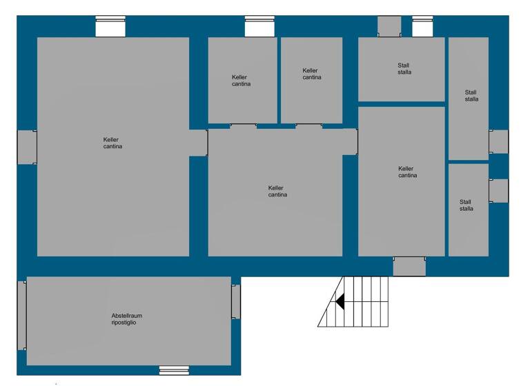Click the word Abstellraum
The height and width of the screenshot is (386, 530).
[x=127, y=316]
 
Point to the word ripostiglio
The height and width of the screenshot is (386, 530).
[x=125, y=323]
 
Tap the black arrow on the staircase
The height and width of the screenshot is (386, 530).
[x=340, y=301]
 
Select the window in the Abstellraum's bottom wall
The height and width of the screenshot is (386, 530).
[x=174, y=370]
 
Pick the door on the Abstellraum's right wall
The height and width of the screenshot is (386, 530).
[x=236, y=301]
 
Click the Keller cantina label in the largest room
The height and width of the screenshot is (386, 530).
[x=112, y=143]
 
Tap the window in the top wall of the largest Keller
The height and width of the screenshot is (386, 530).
[x=110, y=27]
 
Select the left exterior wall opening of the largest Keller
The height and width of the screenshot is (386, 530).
[x=27, y=147]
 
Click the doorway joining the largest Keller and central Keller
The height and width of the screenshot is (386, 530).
[x=198, y=143]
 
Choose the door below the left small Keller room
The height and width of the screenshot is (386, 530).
[x=243, y=126]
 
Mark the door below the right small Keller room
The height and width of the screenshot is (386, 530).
[x=309, y=126]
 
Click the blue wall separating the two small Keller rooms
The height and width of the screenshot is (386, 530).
[x=279, y=80]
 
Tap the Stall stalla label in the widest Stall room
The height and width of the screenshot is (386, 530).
[x=404, y=68]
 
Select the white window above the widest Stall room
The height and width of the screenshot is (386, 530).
[x=422, y=27]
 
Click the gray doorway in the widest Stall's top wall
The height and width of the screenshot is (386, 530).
[x=389, y=26]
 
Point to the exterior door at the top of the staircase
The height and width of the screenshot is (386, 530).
[x=409, y=266]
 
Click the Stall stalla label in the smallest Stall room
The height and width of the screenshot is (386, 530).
[x=467, y=205]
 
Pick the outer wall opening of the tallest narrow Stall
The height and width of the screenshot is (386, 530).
[x=498, y=141]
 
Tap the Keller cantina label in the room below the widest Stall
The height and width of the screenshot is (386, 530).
[x=407, y=172]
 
